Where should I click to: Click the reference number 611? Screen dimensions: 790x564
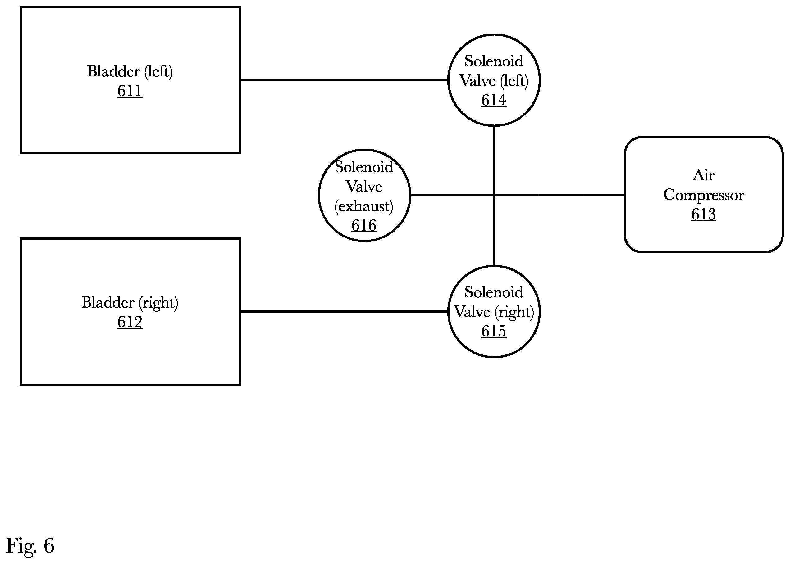pyautogui.click(x=130, y=91)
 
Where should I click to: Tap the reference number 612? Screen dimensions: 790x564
pyautogui.click(x=130, y=322)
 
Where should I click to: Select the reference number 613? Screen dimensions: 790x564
pyautogui.click(x=703, y=214)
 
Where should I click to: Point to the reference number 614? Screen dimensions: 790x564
pyautogui.click(x=494, y=100)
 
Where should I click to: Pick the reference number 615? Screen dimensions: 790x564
pyautogui.click(x=494, y=331)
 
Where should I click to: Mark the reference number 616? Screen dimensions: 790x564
pyautogui.click(x=364, y=226)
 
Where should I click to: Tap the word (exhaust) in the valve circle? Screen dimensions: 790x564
pyautogui.click(x=364, y=206)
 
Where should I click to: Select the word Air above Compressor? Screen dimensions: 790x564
pyautogui.click(x=703, y=175)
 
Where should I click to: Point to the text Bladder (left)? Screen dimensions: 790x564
pyautogui.click(x=130, y=71)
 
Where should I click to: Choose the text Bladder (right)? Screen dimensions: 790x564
pyautogui.click(x=130, y=303)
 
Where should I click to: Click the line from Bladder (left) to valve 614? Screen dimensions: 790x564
pyautogui.click(x=344, y=80)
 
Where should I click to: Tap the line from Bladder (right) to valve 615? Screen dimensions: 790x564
pyautogui.click(x=344, y=312)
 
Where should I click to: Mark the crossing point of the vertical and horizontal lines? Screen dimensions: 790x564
pyautogui.click(x=494, y=195)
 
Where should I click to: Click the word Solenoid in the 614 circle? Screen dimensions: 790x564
pyautogui.click(x=494, y=61)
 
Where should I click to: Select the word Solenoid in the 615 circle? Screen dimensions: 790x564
pyautogui.click(x=494, y=292)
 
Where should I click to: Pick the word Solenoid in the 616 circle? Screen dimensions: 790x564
pyautogui.click(x=364, y=167)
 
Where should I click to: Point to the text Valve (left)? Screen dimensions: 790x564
pyautogui.click(x=494, y=81)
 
